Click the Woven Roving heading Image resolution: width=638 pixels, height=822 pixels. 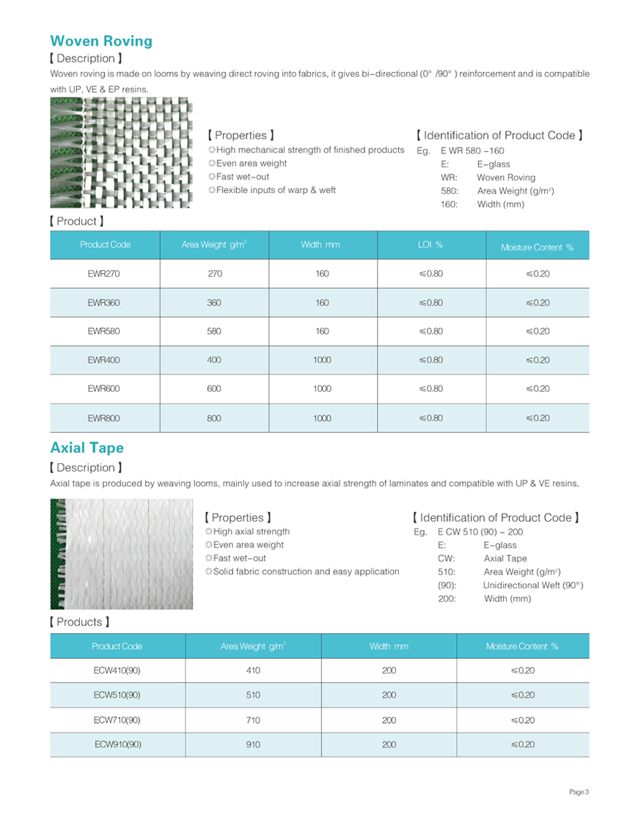pos(101,41)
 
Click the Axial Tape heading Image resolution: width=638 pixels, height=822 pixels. pos(87,448)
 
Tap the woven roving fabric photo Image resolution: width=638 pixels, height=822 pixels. pos(121,152)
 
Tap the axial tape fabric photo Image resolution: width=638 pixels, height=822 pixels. pos(121,554)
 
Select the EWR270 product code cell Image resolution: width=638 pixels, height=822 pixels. pos(104,274)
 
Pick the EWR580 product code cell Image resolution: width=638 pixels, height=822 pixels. pos(104,331)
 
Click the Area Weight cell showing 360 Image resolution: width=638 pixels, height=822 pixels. pos(214,302)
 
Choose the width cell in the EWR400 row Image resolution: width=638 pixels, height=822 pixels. pos(322,360)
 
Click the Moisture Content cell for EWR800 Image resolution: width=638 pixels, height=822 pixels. pos(538,418)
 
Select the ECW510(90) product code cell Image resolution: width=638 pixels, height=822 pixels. pos(117,695)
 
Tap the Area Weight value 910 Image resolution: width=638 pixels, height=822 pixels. pos(253,744)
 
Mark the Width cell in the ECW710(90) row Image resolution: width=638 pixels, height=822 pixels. pos(389,720)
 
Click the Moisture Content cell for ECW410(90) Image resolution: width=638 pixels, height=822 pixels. pos(522,670)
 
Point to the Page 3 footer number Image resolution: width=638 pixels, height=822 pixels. pos(579,792)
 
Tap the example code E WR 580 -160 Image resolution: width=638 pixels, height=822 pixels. pos(472,150)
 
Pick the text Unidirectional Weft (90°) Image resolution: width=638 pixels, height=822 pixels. pos(533,585)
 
